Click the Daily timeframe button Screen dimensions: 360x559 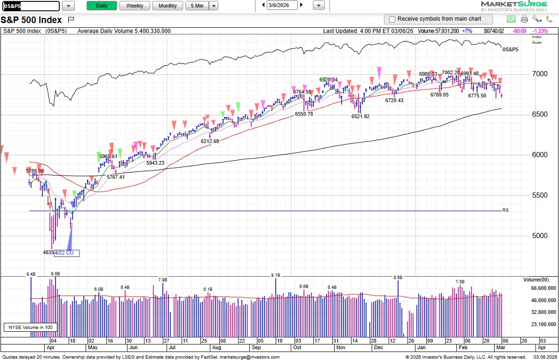click(102, 6)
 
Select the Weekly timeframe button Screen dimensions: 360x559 click(135, 6)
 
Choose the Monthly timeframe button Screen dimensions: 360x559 click(168, 6)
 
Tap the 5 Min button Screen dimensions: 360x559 click(197, 6)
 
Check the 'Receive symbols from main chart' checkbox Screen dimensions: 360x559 click(392, 19)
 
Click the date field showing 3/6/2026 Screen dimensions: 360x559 click(282, 5)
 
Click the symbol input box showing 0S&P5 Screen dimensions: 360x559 click(31, 6)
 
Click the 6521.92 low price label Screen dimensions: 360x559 click(360, 116)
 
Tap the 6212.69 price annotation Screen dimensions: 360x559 click(210, 141)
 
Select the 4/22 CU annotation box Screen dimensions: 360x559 click(67, 253)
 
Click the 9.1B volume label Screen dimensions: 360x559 click(276, 275)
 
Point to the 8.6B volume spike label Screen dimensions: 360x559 click(398, 278)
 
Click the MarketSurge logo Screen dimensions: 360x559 click(514, 6)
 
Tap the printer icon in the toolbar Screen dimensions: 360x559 click(525, 19)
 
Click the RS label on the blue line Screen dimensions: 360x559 click(506, 210)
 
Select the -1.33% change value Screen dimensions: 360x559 click(543, 31)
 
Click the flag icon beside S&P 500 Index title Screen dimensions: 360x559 click(71, 20)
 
